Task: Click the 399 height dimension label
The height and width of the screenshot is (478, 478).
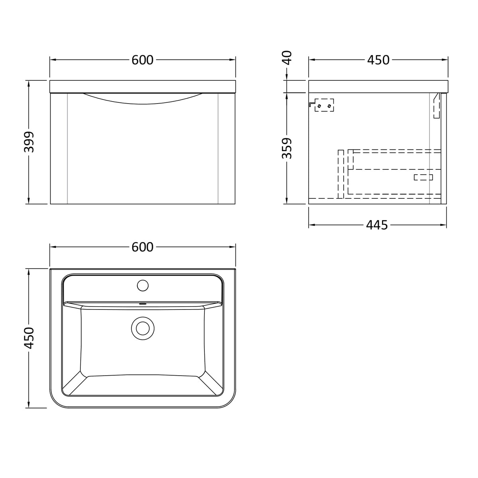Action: [x=29, y=142]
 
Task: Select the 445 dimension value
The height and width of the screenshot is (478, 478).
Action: [x=377, y=225]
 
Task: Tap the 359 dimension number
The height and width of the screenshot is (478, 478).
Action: [x=287, y=148]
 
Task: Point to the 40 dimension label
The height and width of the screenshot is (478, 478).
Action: [x=287, y=57]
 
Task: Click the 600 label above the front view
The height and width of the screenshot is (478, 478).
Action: [x=142, y=60]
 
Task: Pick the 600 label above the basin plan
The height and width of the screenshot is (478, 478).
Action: [x=142, y=247]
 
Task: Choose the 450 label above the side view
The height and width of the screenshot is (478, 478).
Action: [x=378, y=60]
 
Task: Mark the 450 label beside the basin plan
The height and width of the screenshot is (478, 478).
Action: [x=29, y=338]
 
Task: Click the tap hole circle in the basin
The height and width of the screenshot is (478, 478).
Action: [x=143, y=286]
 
